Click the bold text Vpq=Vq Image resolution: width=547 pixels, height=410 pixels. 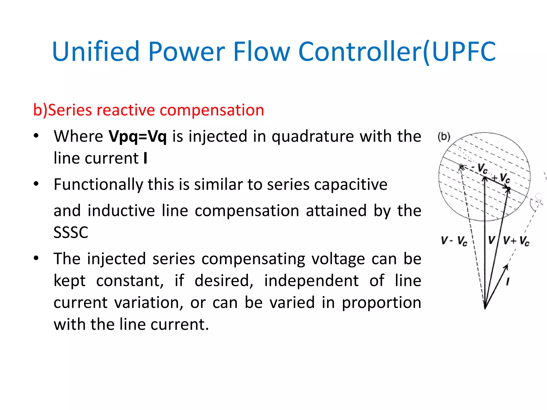(x=138, y=136)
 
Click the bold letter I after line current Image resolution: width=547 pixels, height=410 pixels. (x=145, y=158)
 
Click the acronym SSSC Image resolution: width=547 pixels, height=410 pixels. (x=71, y=232)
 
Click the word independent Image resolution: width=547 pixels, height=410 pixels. (x=311, y=281)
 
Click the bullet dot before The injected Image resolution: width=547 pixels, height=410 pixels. (x=36, y=258)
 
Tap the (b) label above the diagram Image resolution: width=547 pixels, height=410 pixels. (x=444, y=137)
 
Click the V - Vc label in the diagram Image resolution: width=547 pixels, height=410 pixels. (x=454, y=241)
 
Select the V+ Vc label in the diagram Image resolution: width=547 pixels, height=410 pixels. (x=516, y=241)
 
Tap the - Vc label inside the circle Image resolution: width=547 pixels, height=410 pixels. (x=480, y=168)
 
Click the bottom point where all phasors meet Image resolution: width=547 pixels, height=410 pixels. (x=485, y=308)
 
